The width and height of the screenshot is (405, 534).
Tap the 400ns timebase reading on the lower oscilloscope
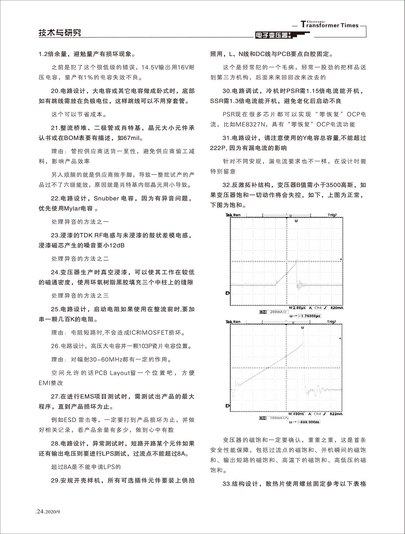click(x=298, y=414)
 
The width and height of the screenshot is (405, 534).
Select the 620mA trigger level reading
click(x=336, y=308)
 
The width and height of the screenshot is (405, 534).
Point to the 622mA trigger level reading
click(x=336, y=414)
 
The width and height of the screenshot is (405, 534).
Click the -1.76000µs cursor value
click(x=309, y=316)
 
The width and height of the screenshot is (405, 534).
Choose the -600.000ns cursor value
click(x=309, y=422)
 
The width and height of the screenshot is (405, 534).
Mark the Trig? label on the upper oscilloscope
click(x=332, y=215)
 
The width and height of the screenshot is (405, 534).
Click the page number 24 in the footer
click(x=40, y=512)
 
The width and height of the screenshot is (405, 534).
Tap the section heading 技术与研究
click(x=60, y=33)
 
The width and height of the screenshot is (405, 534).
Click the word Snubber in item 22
click(x=106, y=198)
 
